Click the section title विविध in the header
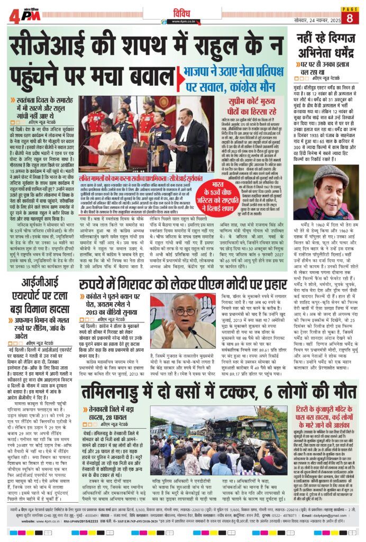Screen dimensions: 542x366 pyautogui.click(x=182, y=9)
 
